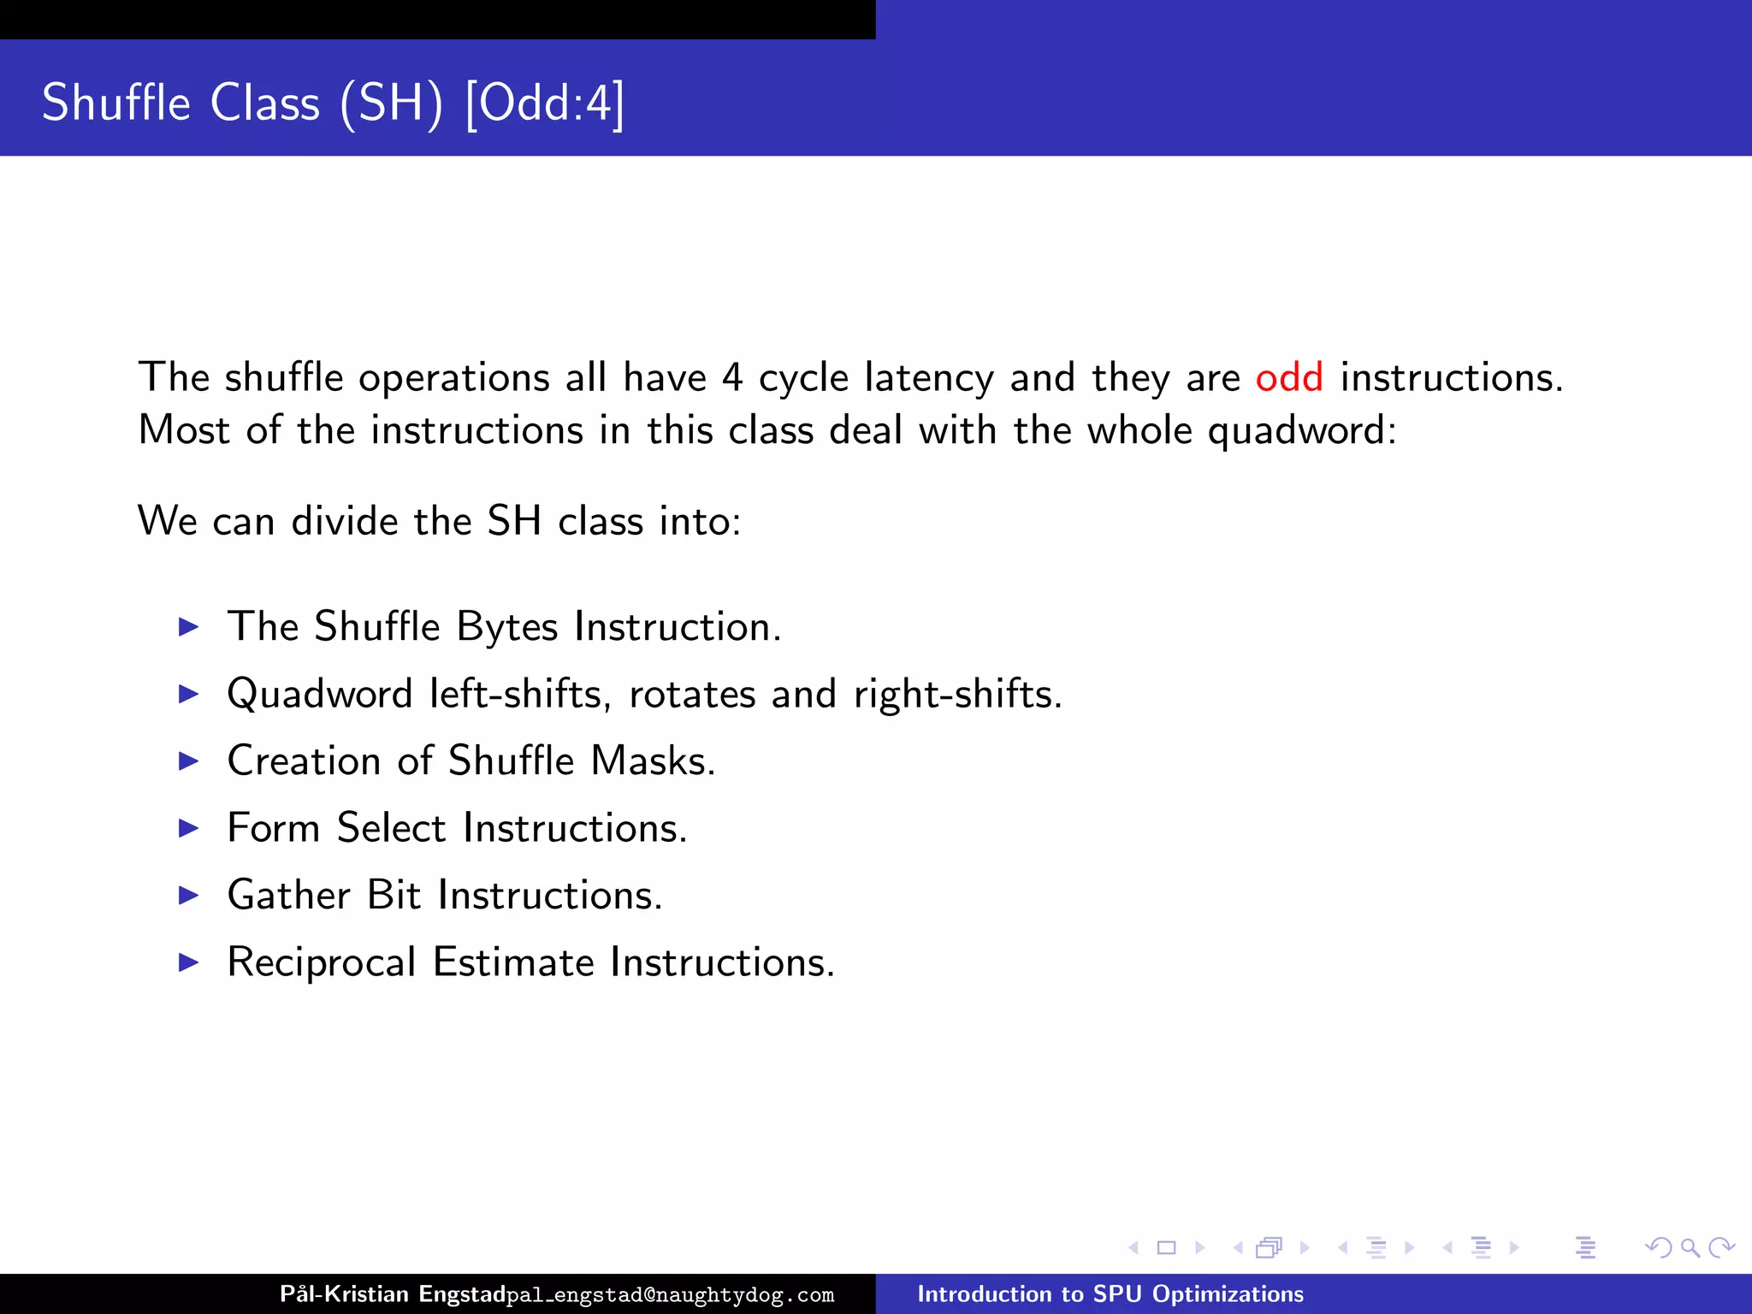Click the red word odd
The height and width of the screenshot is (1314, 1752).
tap(1288, 377)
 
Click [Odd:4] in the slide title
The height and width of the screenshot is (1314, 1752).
tap(545, 104)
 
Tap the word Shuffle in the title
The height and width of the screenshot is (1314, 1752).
tap(116, 103)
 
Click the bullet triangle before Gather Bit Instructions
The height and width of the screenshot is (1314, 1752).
tap(188, 895)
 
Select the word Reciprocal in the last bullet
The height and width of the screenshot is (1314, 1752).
tap(322, 962)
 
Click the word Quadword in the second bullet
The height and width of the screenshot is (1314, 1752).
tap(320, 694)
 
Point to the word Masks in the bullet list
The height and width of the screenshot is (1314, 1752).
tap(653, 761)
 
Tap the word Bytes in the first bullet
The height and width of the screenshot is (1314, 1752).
tap(507, 626)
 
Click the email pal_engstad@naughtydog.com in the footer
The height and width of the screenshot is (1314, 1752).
tap(671, 1295)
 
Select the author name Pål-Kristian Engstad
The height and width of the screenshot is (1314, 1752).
tap(393, 1293)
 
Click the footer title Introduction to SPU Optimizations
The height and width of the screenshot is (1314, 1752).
tap(1110, 1293)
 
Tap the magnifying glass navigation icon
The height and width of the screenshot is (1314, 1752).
tap(1690, 1248)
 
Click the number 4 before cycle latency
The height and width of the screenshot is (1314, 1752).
tap(731, 377)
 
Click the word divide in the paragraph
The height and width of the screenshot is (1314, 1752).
tap(345, 521)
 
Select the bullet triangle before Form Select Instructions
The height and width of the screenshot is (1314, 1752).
tap(188, 828)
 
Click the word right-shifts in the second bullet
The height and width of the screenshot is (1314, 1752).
tap(957, 694)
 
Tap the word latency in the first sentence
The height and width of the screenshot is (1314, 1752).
tap(929, 377)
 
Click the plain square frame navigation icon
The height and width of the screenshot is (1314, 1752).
tap(1166, 1248)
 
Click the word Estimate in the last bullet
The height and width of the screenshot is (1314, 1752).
tap(513, 962)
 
